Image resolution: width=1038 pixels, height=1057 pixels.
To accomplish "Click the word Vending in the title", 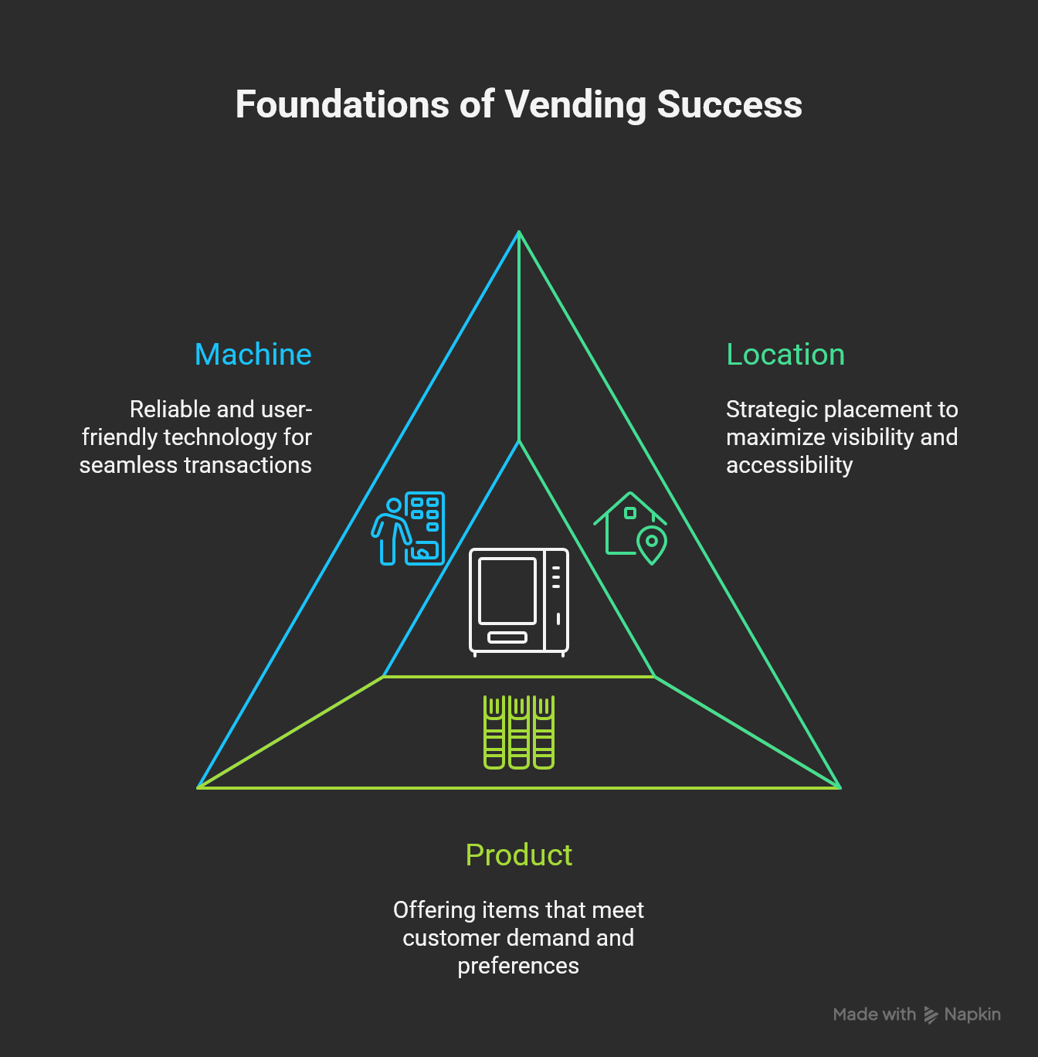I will tap(575, 105).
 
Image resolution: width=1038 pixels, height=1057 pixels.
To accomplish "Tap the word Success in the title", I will tap(729, 105).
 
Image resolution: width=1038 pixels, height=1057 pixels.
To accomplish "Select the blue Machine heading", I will tap(253, 355).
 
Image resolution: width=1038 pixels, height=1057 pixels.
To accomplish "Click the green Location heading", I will tap(785, 355).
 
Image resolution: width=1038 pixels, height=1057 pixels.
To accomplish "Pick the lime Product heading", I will tap(519, 855).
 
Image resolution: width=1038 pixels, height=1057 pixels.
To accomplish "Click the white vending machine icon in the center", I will tap(519, 602).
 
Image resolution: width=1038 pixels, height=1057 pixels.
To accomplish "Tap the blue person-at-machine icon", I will tap(409, 528).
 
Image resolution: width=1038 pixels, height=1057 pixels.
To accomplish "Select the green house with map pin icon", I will tap(631, 528).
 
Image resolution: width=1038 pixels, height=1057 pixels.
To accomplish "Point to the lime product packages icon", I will tap(519, 732).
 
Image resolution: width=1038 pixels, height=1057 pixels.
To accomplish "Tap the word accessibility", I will tap(789, 465).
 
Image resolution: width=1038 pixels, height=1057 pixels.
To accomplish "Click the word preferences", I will tap(518, 966).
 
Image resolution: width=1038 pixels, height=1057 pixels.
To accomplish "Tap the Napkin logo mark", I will tap(931, 1015).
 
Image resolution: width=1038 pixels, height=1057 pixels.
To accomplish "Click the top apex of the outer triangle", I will tap(519, 232).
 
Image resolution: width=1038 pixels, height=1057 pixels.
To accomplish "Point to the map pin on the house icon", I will tap(652, 544).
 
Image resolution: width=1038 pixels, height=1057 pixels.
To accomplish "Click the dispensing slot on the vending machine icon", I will tap(507, 637).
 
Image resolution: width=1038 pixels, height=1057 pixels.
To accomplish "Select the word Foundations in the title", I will tap(342, 105).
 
